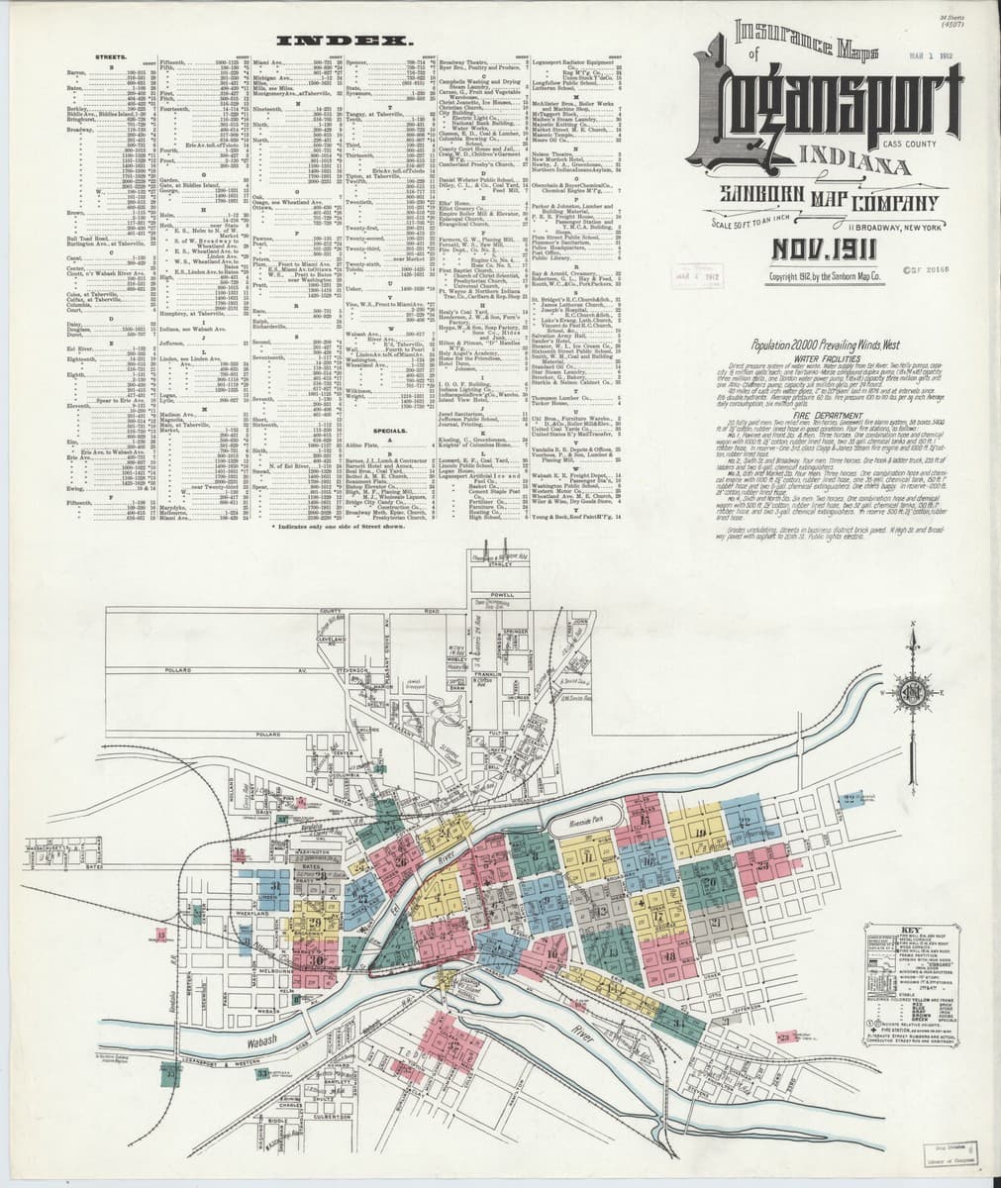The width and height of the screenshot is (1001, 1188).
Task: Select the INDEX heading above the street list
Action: (x=346, y=43)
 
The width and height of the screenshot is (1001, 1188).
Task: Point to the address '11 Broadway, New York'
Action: (x=922, y=228)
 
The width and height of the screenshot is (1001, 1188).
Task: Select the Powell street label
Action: (x=501, y=594)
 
